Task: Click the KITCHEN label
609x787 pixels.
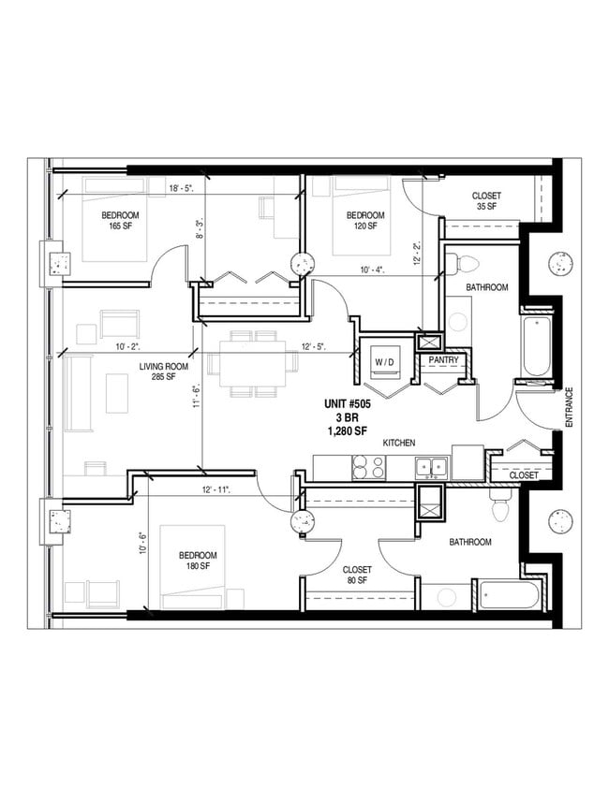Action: pos(399,443)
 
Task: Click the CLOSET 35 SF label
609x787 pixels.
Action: pos(485,201)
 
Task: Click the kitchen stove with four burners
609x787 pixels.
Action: pos(368,466)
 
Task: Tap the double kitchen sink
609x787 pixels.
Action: pos(431,465)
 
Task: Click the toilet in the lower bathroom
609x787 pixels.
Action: pos(499,509)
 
